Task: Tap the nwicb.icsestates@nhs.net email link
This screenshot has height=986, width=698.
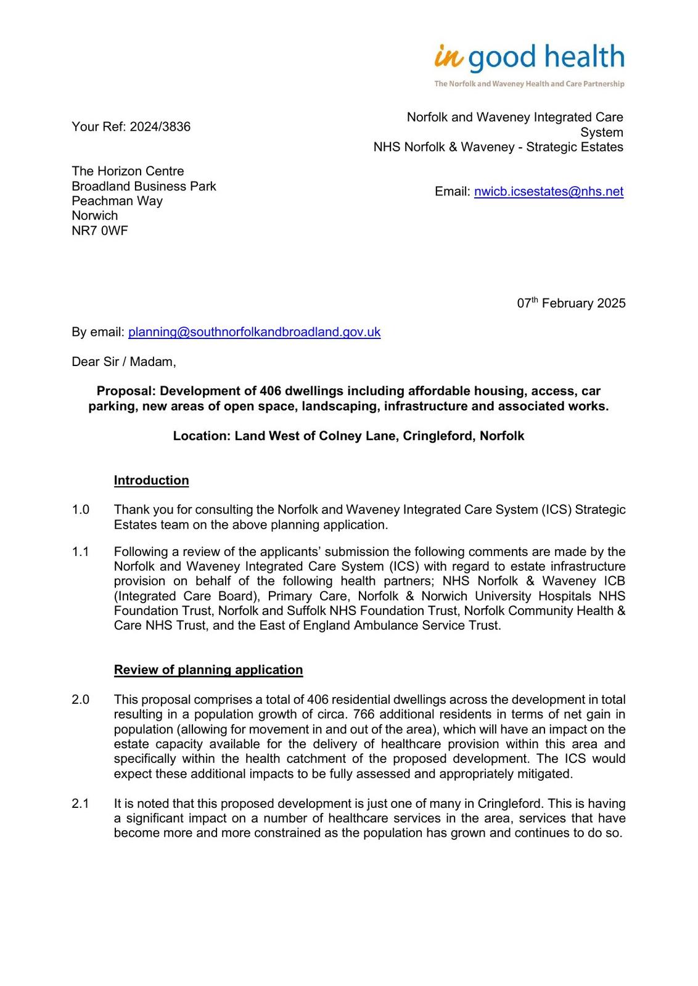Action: click(548, 192)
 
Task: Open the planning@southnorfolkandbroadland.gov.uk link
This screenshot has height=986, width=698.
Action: click(254, 332)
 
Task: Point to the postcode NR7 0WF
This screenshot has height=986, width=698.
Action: click(100, 231)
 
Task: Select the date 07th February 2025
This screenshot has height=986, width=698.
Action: click(571, 303)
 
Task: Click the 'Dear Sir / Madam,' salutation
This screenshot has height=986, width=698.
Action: click(124, 362)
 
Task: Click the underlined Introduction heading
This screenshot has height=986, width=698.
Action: click(151, 481)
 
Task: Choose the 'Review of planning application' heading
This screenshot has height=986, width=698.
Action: click(208, 670)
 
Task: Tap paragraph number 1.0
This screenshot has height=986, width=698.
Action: click(81, 510)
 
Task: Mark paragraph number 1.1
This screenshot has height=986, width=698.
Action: click(81, 552)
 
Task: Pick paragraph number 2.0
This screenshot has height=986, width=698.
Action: click(81, 699)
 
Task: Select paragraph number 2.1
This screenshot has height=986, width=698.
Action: click(81, 804)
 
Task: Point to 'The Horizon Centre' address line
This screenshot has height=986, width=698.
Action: click(128, 171)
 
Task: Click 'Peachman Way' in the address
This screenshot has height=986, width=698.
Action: click(117, 201)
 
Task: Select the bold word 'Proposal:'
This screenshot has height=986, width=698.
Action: click(126, 391)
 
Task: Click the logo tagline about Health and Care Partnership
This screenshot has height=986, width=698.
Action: click(529, 84)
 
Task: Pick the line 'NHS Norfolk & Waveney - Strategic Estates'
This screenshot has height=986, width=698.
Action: click(498, 147)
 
